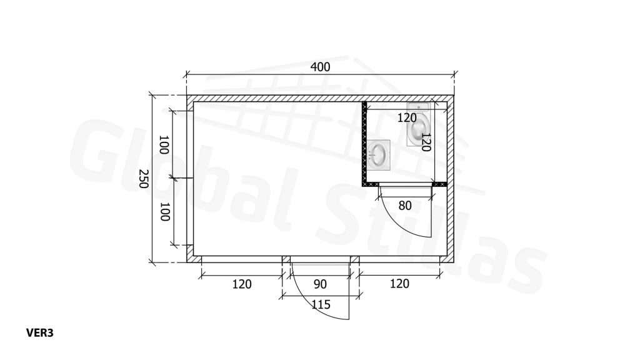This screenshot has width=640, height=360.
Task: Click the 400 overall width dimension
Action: (x=321, y=67)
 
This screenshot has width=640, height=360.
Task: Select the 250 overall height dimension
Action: (x=143, y=179)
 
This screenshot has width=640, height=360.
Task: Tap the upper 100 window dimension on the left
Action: (x=164, y=145)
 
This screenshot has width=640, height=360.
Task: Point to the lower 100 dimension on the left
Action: (x=164, y=212)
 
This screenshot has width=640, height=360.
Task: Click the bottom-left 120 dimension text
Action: (x=242, y=284)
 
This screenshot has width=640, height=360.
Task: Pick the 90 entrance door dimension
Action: (x=321, y=284)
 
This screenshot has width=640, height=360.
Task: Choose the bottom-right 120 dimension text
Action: (x=399, y=284)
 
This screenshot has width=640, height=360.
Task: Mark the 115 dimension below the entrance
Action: (x=321, y=304)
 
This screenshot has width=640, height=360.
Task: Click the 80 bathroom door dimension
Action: (x=405, y=206)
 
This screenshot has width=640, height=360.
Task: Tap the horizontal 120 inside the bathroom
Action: (x=407, y=118)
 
